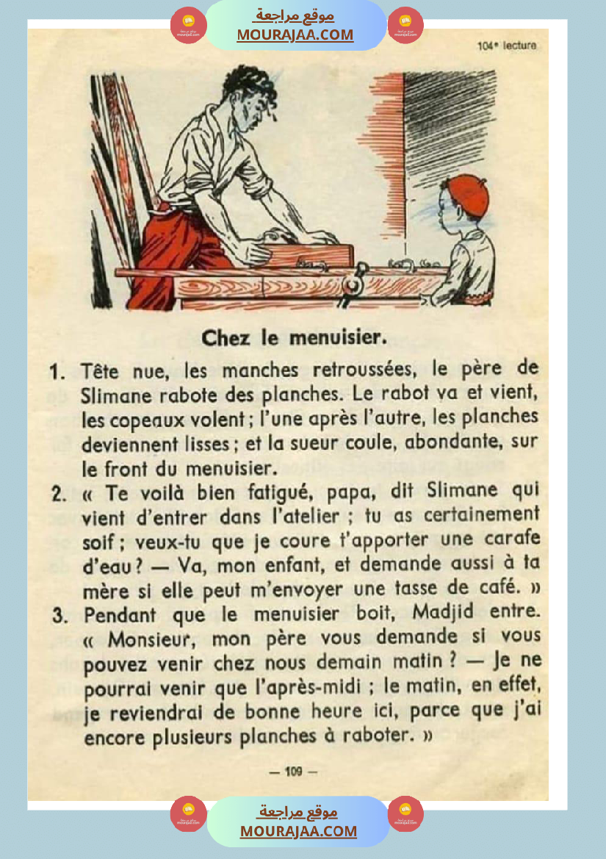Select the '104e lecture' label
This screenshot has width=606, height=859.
(x=507, y=46)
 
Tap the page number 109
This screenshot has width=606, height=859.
(x=293, y=771)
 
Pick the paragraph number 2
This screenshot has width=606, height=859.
(x=59, y=493)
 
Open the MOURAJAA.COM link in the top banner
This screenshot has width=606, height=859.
(x=295, y=35)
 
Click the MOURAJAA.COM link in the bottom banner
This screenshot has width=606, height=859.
(x=298, y=831)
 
